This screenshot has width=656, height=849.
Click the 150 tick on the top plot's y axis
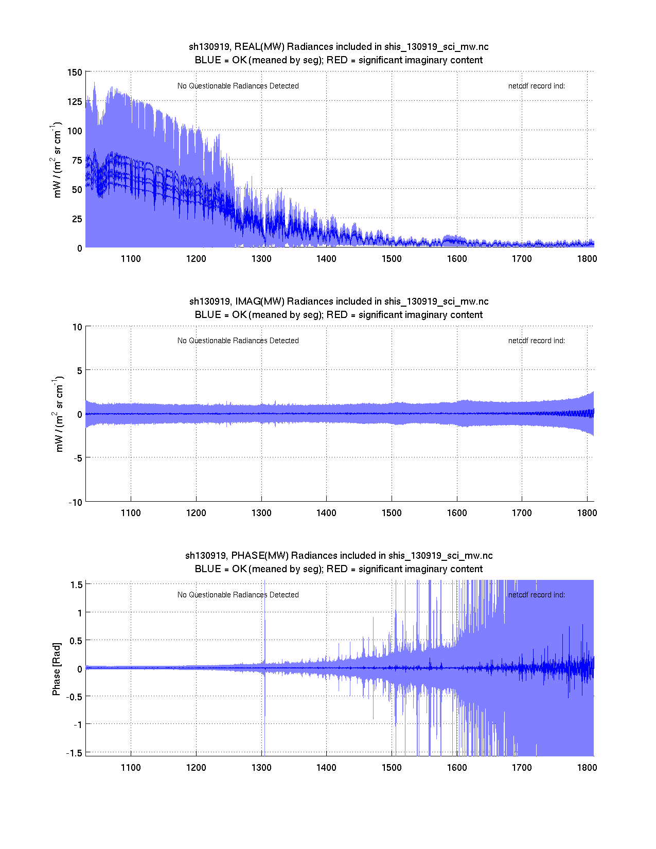click(75, 72)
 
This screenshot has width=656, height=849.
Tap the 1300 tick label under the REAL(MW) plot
click(261, 259)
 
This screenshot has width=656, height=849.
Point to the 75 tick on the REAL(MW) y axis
click(77, 160)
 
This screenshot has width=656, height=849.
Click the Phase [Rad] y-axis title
click(57, 668)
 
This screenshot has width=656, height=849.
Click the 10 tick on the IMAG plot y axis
click(77, 327)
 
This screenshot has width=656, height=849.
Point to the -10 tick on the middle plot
click(75, 503)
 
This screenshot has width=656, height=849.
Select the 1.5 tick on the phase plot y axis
click(77, 585)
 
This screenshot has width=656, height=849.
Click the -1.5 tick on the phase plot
click(75, 753)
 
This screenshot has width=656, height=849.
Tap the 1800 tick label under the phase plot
click(587, 768)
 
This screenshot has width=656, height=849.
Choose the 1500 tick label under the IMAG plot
click(392, 513)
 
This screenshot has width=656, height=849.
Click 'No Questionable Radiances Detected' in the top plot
click(238, 86)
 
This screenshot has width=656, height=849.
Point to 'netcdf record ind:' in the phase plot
click(536, 595)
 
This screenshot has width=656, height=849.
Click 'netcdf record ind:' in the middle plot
click(536, 341)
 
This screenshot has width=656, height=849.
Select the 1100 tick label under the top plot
click(131, 259)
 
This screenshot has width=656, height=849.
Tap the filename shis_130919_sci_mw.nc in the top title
click(436, 47)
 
